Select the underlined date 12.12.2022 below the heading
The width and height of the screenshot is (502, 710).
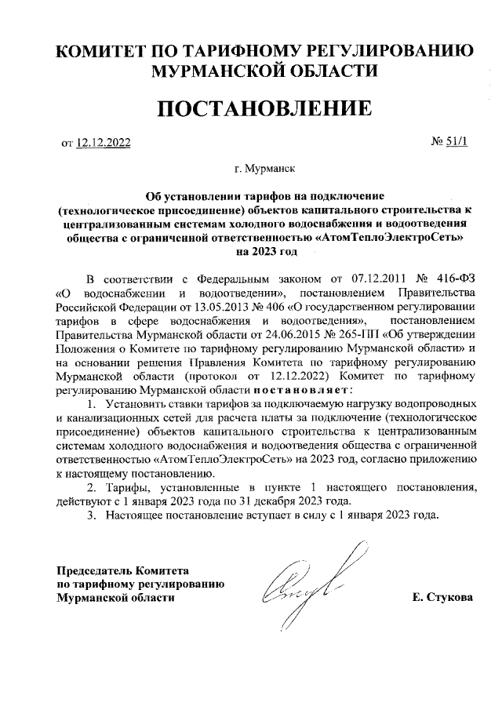(104, 143)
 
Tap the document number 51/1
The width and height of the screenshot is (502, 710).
(455, 142)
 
